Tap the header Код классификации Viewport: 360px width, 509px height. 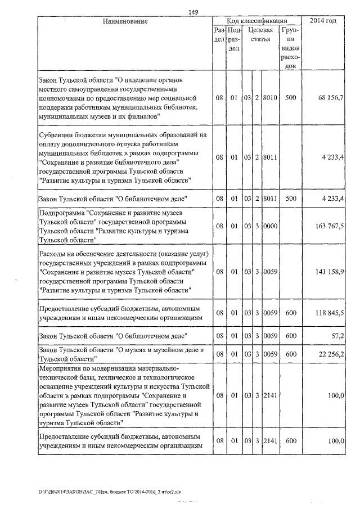pos(257,21)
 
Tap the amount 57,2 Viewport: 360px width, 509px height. pos(337,336)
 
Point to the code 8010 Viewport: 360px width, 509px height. pos(271,98)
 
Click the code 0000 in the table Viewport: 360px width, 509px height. pos(271,226)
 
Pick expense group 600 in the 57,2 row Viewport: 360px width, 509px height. pos(290,336)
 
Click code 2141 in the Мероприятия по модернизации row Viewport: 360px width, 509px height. pos(271,396)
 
